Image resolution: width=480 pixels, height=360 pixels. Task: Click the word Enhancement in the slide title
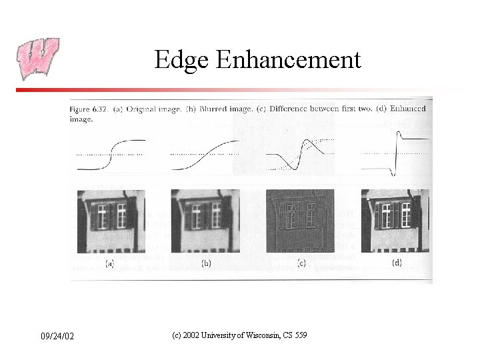(288, 61)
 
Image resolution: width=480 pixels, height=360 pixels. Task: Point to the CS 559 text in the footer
(294, 335)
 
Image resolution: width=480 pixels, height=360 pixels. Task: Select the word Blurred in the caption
(213, 109)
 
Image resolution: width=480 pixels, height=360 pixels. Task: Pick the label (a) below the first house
(108, 263)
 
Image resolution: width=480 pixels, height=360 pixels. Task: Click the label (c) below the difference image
(301, 263)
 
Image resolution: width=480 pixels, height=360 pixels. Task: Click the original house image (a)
(111, 221)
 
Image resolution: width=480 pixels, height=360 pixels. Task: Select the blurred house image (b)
(204, 221)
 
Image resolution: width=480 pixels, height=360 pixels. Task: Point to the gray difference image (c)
(300, 221)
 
